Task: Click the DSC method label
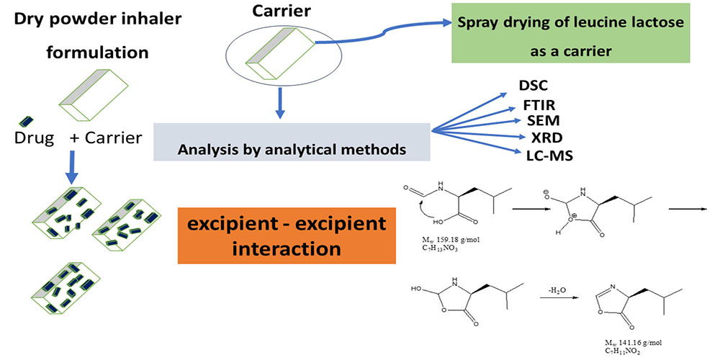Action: (x=528, y=85)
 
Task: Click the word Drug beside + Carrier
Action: (x=35, y=138)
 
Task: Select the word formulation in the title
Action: (x=105, y=53)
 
